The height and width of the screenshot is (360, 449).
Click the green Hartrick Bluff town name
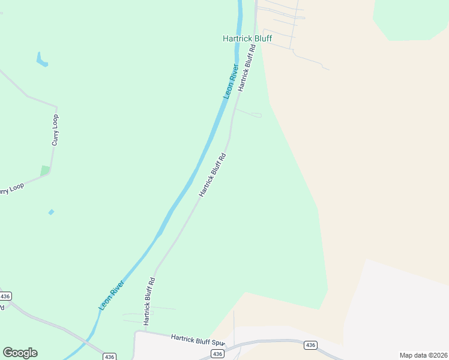[247, 38]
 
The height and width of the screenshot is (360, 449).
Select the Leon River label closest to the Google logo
[112, 295]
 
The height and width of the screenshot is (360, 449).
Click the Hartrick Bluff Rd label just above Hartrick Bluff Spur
[150, 298]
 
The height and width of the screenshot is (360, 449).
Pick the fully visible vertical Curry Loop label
[55, 130]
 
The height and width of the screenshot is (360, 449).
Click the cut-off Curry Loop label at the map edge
[11, 190]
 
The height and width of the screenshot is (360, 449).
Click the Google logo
[20, 353]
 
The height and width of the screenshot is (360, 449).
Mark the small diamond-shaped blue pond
[51, 212]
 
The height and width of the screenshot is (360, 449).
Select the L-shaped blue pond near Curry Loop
[41, 60]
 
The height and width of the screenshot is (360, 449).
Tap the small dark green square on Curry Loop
[45, 171]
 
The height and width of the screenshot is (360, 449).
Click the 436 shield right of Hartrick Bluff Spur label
[310, 345]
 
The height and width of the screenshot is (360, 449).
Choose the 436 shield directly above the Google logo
[5, 296]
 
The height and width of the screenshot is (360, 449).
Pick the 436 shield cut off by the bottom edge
[109, 356]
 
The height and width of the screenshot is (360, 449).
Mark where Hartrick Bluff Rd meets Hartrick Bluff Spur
[144, 331]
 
